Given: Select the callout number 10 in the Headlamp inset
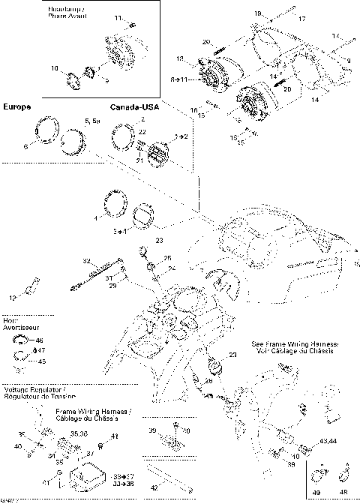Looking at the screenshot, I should (55, 68).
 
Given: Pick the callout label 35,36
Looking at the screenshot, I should (78, 433).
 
